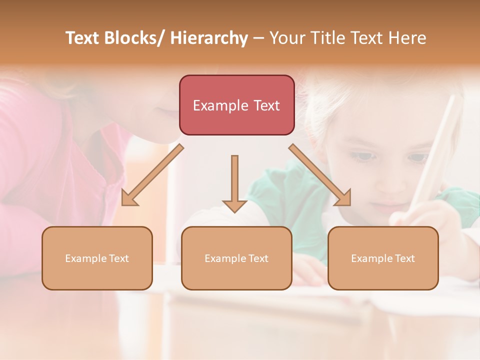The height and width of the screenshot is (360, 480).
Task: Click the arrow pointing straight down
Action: click(x=234, y=182)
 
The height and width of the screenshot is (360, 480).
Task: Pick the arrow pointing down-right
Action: click(x=320, y=175)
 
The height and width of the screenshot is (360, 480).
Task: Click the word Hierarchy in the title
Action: click(x=209, y=38)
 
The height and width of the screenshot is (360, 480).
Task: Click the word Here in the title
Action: click(x=407, y=38)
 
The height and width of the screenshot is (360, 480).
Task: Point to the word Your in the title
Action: click(x=287, y=38)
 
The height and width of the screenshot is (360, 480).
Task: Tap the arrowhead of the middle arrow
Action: click(x=234, y=205)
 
